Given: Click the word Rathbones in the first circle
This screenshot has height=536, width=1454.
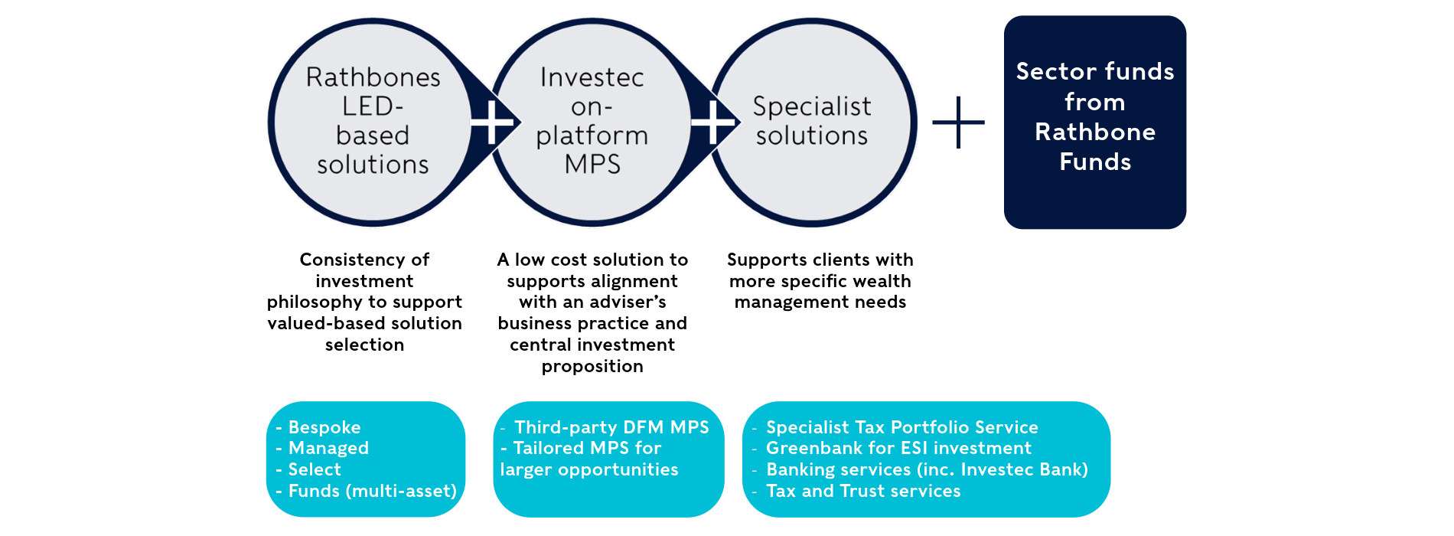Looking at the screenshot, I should click(x=373, y=77).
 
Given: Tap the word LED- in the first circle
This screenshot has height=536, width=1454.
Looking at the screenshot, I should click(x=373, y=106).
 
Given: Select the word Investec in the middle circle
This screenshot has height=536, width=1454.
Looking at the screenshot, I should click(x=592, y=77).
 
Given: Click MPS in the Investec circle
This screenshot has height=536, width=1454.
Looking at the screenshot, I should click(x=592, y=165).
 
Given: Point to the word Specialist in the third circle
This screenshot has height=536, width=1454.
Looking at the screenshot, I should click(x=812, y=106).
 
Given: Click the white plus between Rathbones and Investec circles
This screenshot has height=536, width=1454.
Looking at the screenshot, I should click(x=492, y=122).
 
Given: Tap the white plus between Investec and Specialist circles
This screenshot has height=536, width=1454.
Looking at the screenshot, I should click(x=712, y=122).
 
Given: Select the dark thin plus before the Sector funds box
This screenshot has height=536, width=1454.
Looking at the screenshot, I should click(x=958, y=122).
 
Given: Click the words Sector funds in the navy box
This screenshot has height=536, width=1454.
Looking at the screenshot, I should click(x=1095, y=71).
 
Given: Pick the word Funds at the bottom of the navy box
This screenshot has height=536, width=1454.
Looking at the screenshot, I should click(x=1095, y=162).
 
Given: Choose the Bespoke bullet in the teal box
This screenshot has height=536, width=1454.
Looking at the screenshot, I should click(x=324, y=427).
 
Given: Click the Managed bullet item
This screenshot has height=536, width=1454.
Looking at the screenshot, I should click(x=328, y=448).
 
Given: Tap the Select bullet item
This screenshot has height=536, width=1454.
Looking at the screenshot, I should click(x=315, y=469).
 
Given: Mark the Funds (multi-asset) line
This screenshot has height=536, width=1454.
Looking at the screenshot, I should click(x=372, y=491).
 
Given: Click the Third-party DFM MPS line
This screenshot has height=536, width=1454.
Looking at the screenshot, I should click(x=611, y=427).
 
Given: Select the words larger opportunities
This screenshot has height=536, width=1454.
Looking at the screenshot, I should click(x=589, y=469).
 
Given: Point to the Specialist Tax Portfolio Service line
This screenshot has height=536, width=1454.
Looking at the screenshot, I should click(x=901, y=427).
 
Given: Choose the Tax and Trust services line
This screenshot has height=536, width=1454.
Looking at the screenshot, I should click(x=863, y=491).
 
